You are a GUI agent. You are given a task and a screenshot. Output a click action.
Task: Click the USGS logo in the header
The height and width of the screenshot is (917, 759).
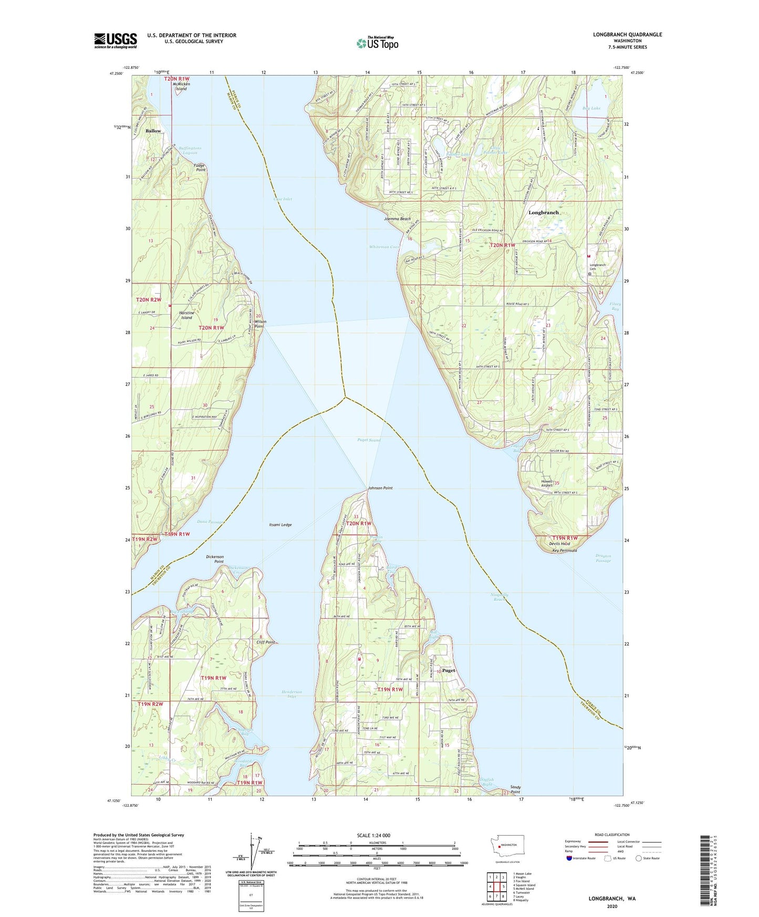[116, 40]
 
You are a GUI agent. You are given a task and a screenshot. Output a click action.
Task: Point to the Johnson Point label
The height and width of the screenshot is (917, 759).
[380, 488]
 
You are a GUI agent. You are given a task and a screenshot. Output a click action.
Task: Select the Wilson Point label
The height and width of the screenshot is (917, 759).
[261, 324]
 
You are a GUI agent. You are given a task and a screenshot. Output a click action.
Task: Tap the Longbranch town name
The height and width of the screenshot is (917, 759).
[543, 213]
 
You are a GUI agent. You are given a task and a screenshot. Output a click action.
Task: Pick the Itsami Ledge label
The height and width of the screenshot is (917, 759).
[280, 525]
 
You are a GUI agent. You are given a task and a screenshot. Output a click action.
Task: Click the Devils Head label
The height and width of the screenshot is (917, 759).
[559, 544]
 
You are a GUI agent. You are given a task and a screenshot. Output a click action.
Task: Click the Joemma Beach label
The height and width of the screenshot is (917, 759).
[397, 218]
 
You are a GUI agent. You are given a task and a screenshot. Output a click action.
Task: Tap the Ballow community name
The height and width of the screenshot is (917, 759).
[153, 131]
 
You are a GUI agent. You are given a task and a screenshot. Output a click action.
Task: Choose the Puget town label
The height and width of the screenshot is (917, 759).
[449, 671]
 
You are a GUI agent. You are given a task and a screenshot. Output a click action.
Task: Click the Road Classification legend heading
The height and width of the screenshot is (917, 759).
[612, 835]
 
